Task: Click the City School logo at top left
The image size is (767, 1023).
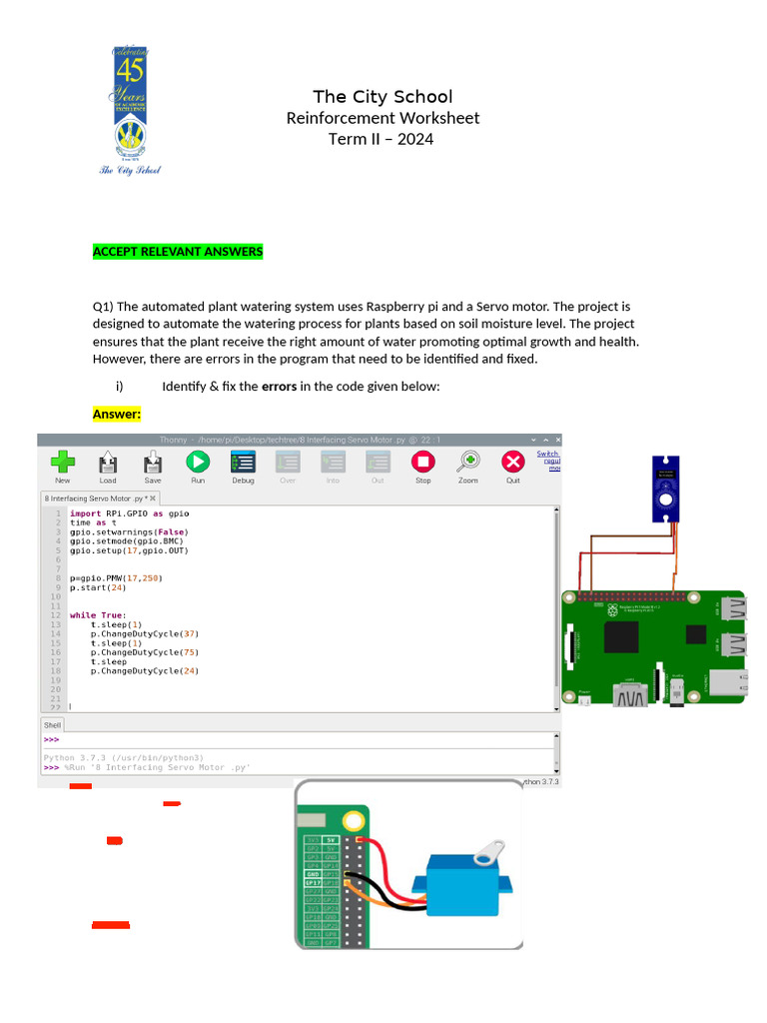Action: pos(138,110)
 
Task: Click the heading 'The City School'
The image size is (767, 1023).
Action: pos(383,97)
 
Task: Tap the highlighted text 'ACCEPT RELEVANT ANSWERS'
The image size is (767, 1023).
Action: pos(178,252)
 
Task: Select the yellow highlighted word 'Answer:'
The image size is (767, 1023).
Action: pos(117,414)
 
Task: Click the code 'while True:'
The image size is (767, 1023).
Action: pos(98,615)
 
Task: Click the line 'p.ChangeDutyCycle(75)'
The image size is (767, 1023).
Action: pos(144,652)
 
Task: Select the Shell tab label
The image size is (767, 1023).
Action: pos(52,725)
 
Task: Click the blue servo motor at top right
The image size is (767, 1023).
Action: pos(666,489)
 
